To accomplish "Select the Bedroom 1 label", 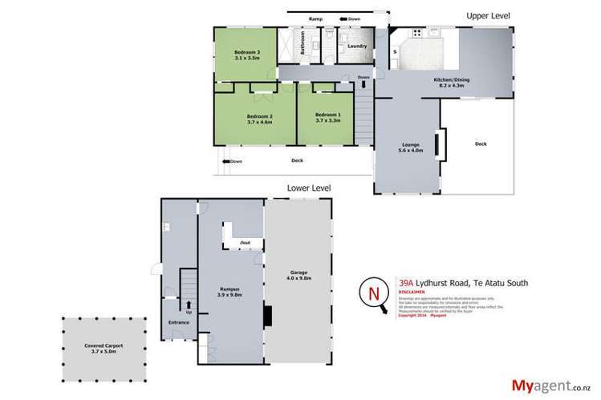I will tap(327, 115).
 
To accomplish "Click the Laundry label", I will tap(357, 46).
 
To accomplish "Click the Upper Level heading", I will tap(489, 15).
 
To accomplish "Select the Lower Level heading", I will tap(309, 188).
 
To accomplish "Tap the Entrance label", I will tap(177, 321).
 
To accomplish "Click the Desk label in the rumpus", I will tap(245, 241).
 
